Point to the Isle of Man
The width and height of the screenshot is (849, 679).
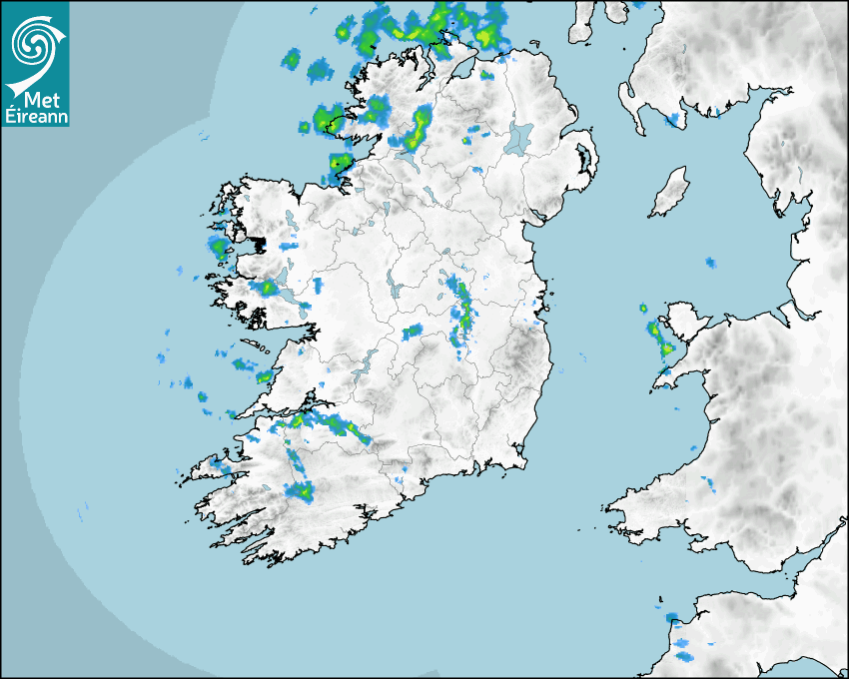(669, 193)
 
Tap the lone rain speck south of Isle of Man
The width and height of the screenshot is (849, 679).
(710, 263)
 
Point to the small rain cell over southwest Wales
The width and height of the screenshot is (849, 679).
(710, 485)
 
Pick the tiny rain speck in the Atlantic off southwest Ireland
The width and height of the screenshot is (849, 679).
(82, 516)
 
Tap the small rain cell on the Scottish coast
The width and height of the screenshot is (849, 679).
(672, 120)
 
